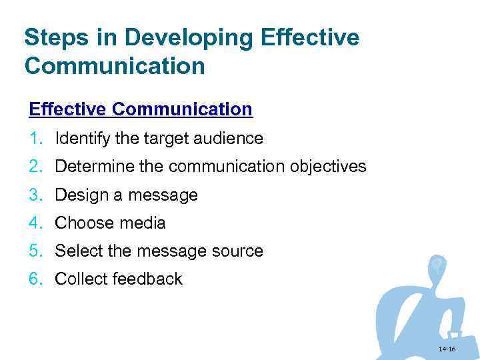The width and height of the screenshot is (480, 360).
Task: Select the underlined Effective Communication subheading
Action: pyautogui.click(x=141, y=109)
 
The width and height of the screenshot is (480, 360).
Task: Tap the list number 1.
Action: pyautogui.click(x=35, y=139)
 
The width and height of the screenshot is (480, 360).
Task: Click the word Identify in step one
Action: pyautogui.click(x=77, y=139)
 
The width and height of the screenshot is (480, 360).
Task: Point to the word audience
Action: pyautogui.click(x=229, y=139)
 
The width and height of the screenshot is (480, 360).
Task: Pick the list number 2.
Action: pyautogui.click(x=35, y=167)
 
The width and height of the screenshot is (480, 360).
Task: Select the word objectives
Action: pyautogui.click(x=328, y=167)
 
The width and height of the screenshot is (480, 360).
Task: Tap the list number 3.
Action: pyautogui.click(x=35, y=195)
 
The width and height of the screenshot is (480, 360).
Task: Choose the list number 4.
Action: pyautogui.click(x=35, y=223)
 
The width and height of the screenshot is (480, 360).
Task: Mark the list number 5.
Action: pyautogui.click(x=35, y=251)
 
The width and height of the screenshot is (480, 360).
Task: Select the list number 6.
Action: pyautogui.click(x=35, y=279)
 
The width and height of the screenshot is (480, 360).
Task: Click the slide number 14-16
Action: pyautogui.click(x=447, y=349)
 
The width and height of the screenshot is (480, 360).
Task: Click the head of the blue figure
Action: pyautogui.click(x=437, y=265)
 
